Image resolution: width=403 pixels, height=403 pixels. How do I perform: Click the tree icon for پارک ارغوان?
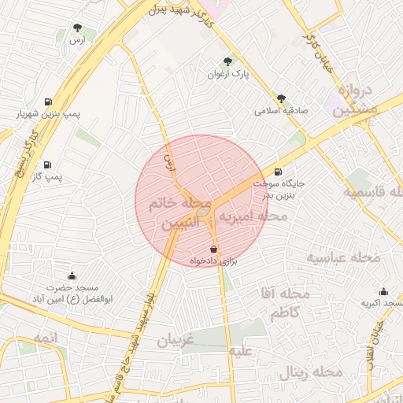(x=228, y=61)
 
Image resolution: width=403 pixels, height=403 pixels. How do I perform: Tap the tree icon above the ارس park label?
(x=77, y=28)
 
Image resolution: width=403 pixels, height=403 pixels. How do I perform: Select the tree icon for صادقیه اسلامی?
(x=281, y=98)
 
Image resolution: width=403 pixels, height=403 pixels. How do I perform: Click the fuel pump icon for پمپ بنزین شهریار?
(x=49, y=102)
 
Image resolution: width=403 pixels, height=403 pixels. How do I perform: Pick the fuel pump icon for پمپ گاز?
(x=49, y=165)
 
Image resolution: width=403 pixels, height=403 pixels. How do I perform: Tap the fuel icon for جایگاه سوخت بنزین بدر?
(x=277, y=172)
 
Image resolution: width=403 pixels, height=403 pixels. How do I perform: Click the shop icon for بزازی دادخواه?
(x=214, y=249)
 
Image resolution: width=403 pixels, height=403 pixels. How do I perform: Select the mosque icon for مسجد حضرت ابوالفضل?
(x=72, y=276)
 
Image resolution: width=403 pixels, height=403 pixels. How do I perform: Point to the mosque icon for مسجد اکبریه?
(x=383, y=291)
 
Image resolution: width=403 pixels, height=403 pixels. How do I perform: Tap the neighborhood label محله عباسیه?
(x=343, y=257)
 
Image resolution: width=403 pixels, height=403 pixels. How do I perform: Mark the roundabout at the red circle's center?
(x=202, y=211)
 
